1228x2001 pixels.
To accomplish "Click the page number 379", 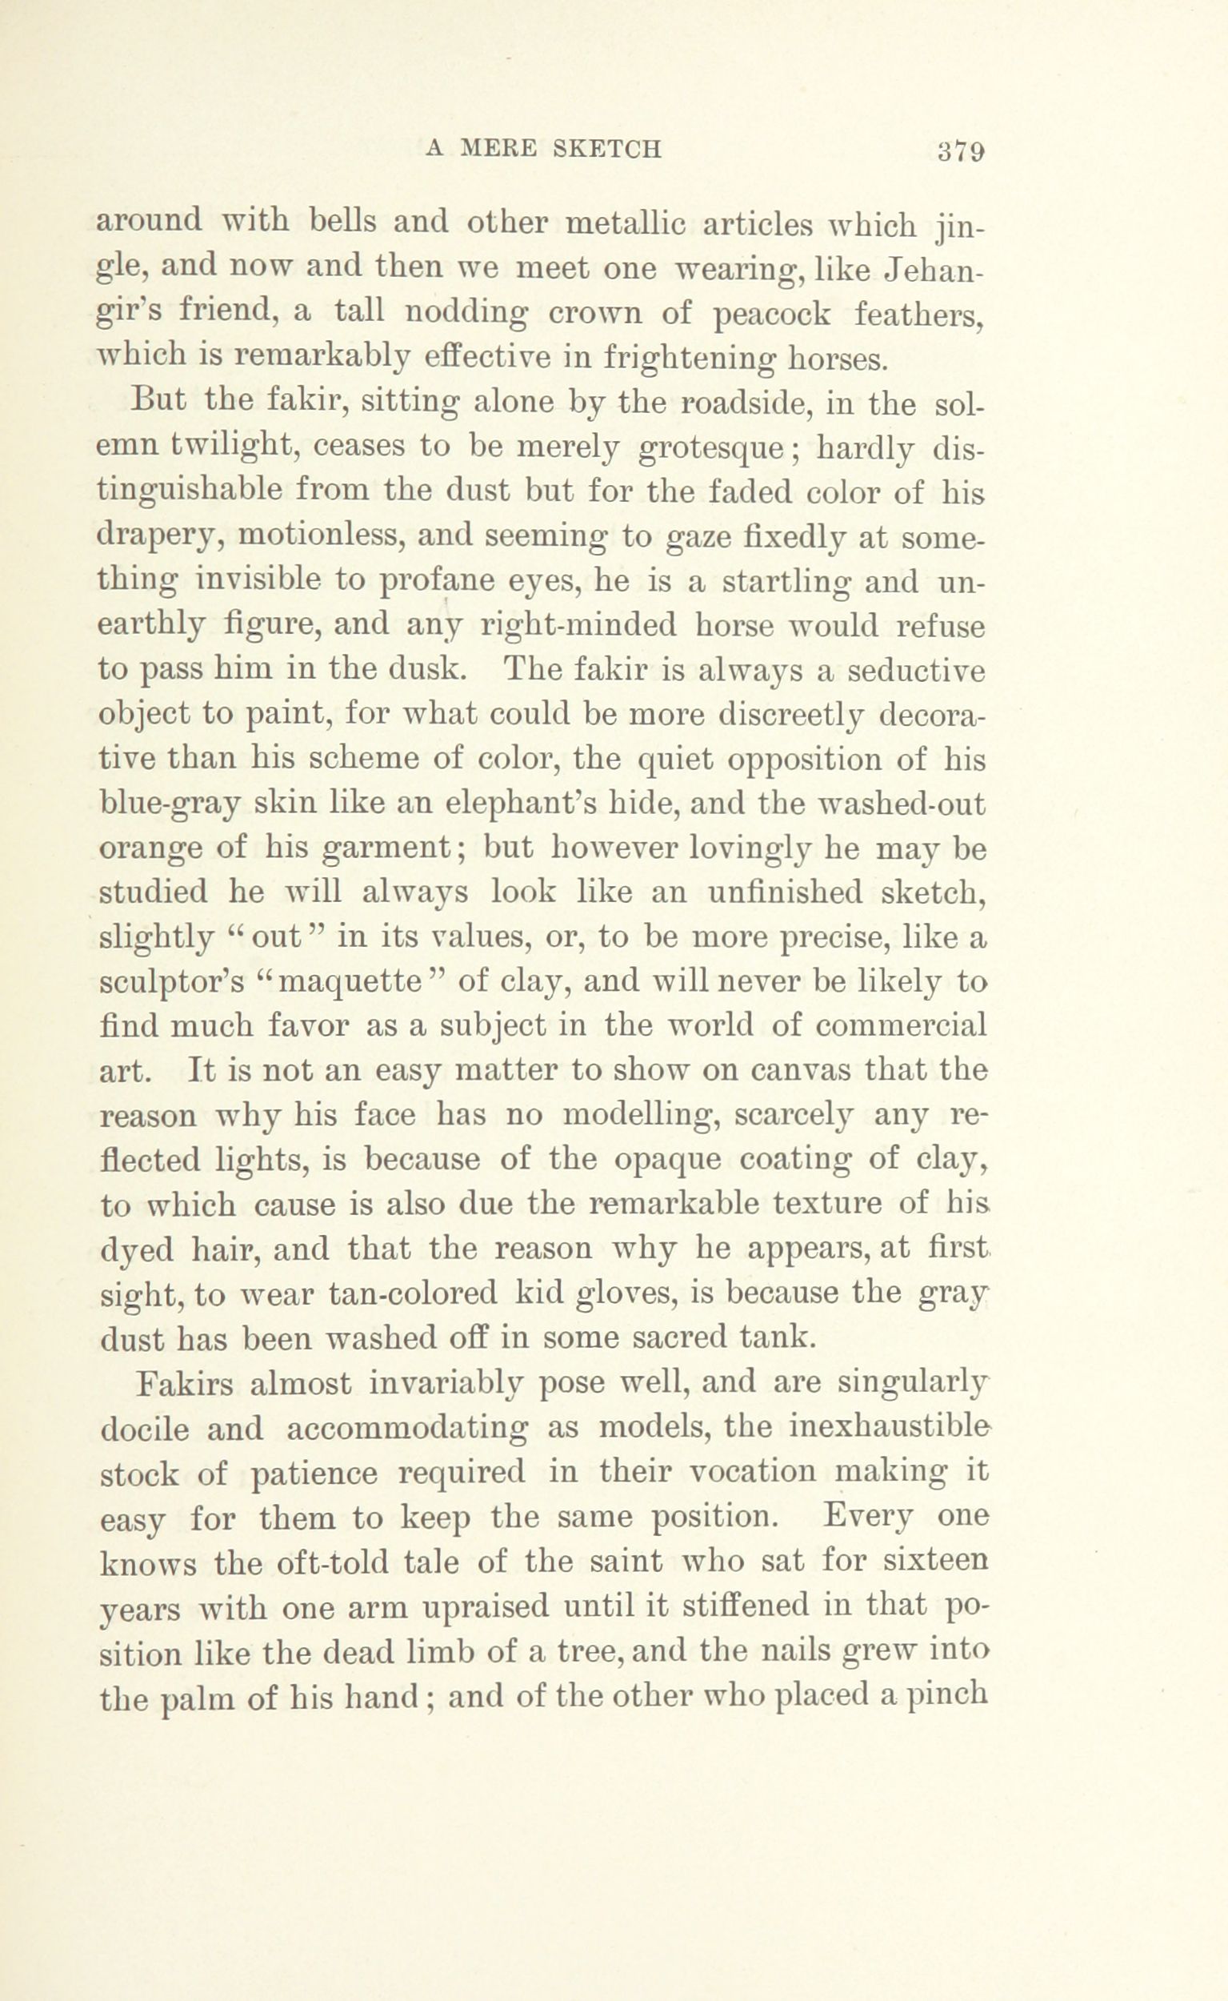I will pos(961,150).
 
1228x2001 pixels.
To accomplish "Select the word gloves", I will pos(625,1293).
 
